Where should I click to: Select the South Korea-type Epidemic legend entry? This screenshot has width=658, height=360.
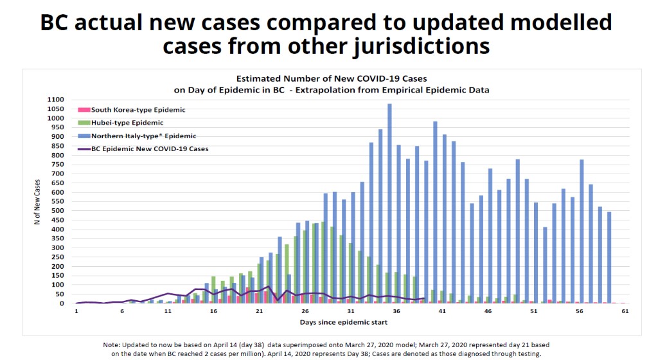point(138,110)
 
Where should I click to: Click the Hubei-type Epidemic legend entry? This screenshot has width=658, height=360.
point(127,123)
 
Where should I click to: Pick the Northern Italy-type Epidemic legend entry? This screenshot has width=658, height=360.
point(143,136)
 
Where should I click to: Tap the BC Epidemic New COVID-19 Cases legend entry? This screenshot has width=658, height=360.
point(149,149)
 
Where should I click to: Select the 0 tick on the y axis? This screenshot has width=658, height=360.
point(62,303)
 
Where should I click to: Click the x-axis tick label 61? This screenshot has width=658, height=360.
point(624,312)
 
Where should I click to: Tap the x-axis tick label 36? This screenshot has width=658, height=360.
point(396,312)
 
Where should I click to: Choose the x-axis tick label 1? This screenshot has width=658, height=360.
point(76,312)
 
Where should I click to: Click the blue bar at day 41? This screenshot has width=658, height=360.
point(435,212)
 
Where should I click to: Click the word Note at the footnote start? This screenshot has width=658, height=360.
point(112,345)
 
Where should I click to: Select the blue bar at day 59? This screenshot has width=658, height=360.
point(609,257)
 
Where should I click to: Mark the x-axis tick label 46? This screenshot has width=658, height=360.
point(488,312)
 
